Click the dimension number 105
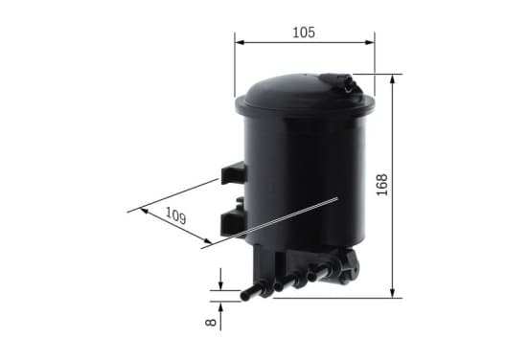[x=304, y=33]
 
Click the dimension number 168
[x=382, y=185]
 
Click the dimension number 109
[x=175, y=215]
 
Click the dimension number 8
[x=211, y=323]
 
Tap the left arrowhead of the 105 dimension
[x=240, y=42]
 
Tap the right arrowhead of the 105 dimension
[x=370, y=42]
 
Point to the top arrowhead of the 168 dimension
[x=392, y=79]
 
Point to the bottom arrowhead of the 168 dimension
[x=392, y=293]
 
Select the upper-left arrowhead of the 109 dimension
[x=145, y=211]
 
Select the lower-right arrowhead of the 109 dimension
[x=207, y=240]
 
